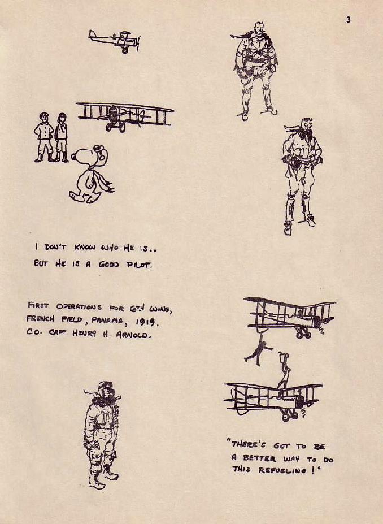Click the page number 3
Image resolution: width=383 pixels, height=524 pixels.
pyautogui.click(x=349, y=20)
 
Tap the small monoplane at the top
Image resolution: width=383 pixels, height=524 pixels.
pyautogui.click(x=114, y=41)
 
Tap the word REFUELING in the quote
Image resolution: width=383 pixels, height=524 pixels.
pyautogui.click(x=282, y=470)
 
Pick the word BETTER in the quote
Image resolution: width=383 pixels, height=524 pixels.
pyautogui.click(x=259, y=458)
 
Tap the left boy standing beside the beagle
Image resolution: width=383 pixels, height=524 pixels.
pyautogui.click(x=43, y=137)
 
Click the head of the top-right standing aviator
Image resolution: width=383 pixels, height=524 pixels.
pyautogui.click(x=259, y=28)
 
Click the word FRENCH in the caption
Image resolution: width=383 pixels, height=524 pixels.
pyautogui.click(x=40, y=318)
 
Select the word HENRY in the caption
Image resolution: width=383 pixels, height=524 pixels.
pyautogui.click(x=84, y=333)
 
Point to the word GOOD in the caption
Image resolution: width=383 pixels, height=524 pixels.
pyautogui.click(x=109, y=264)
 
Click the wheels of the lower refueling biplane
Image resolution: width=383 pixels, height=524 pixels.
pyautogui.click(x=289, y=415)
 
